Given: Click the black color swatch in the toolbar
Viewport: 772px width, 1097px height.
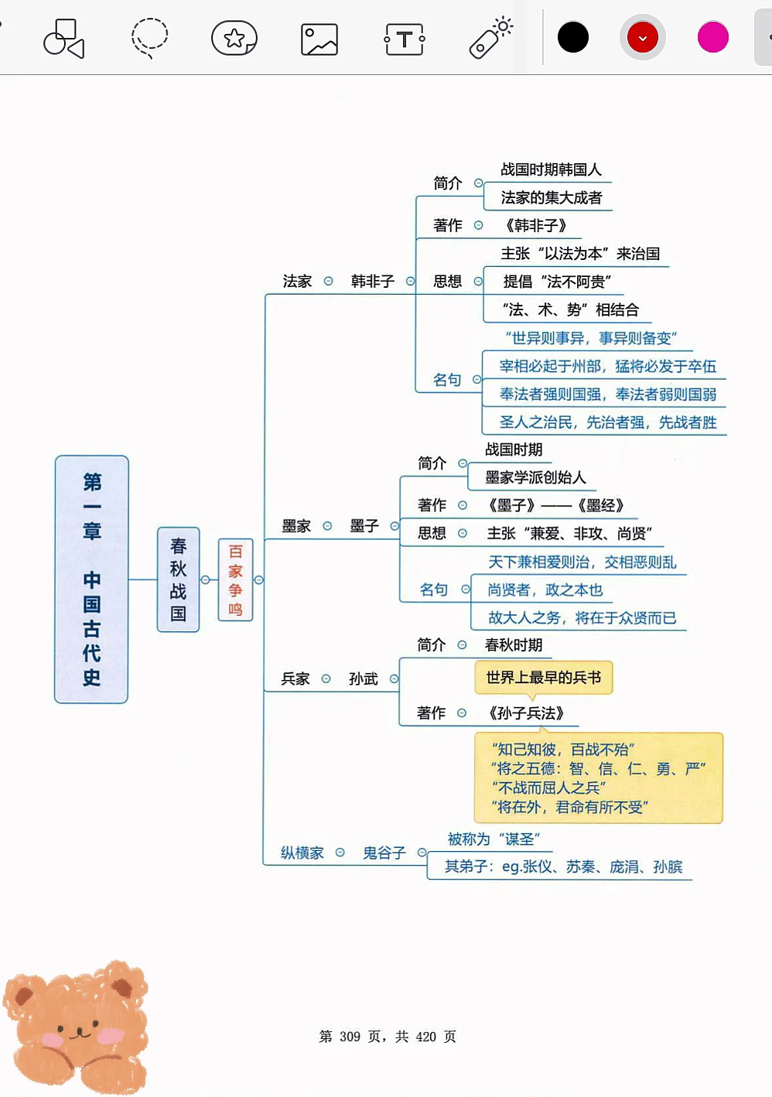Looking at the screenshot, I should tap(573, 37).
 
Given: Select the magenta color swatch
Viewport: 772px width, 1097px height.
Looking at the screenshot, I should tap(712, 37).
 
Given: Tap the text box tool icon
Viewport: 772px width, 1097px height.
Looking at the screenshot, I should tap(405, 39).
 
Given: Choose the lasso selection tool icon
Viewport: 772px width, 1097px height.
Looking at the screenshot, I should tap(149, 37).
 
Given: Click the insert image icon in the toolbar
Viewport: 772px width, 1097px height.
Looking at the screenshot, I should tap(319, 39).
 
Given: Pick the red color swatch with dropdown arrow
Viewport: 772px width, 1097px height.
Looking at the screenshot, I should tap(642, 37).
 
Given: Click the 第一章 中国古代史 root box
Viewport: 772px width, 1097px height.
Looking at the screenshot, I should tap(91, 579).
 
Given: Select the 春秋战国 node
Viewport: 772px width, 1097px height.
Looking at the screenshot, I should tap(178, 579).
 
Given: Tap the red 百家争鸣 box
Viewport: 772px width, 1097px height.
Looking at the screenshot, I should tap(235, 579).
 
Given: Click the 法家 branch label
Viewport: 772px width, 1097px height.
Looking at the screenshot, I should tap(297, 282).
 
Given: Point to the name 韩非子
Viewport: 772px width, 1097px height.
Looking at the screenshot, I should tap(372, 282).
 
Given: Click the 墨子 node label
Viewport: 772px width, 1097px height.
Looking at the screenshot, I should tap(364, 526).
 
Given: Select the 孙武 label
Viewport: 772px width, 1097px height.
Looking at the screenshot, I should tap(363, 678).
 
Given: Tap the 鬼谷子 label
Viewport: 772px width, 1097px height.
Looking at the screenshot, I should tap(384, 853).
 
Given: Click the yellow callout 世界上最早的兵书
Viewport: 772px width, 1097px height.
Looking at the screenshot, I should tap(543, 678).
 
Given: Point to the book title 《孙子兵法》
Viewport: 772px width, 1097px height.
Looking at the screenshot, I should tap(526, 713).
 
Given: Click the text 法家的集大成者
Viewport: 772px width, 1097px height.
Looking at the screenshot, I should tap(551, 198).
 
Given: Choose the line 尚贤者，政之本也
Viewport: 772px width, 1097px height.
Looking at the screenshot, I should tap(545, 590).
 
